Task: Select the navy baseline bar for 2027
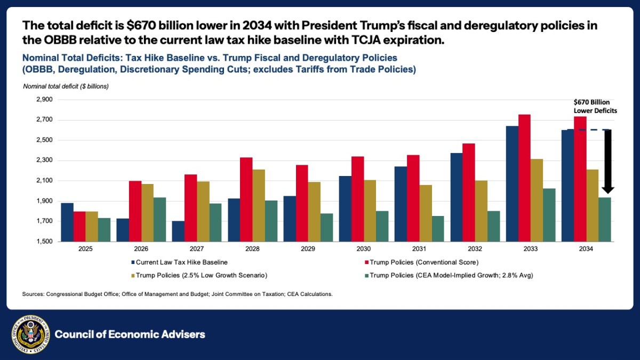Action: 178,231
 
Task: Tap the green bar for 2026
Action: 159,219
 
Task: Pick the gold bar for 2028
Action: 258,205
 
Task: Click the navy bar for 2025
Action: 67,222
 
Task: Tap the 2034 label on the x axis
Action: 587,250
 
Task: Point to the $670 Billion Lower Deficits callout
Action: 595,106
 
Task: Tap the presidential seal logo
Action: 30,334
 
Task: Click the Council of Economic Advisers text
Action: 130,334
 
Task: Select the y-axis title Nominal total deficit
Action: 66,86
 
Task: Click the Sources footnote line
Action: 177,294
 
